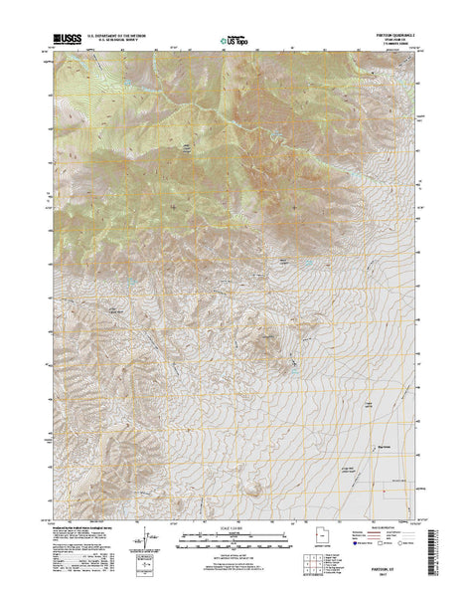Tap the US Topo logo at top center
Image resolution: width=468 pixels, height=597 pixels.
pos(233,40)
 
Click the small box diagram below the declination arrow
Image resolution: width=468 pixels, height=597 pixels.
pos(155,558)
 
